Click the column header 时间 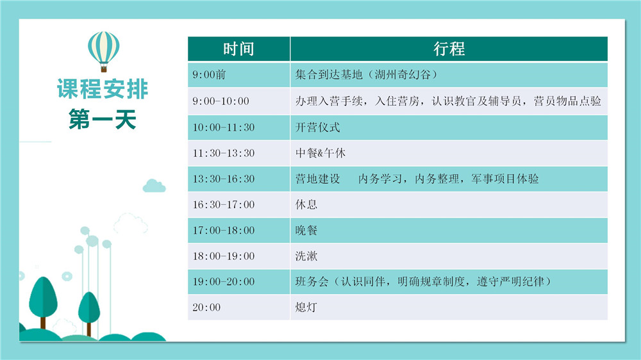[238, 49]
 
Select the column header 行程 [449, 49]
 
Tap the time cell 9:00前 [209, 75]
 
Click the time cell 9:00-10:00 [221, 101]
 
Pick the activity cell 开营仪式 [318, 127]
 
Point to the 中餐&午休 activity [320, 153]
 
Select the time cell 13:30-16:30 [224, 179]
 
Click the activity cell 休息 [306, 204]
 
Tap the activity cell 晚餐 [306, 231]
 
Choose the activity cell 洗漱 [306, 256]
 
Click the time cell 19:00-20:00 [224, 282]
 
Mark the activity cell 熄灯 [306, 307]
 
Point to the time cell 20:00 [206, 307]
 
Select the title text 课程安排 [102, 89]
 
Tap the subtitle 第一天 [102, 119]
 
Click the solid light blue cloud [154, 186]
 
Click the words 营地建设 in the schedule [318, 179]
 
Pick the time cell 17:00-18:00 [224, 231]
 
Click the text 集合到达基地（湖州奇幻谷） [367, 75]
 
